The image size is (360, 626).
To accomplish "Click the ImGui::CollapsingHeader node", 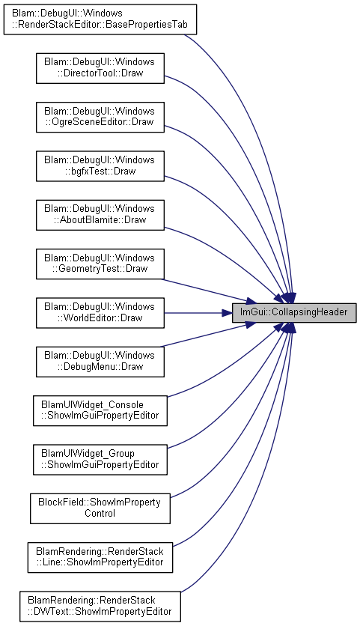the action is pos(294,312).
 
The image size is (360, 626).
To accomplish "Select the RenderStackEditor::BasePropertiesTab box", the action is pos(100,19).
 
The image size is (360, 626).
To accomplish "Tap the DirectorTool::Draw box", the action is pos(100,68).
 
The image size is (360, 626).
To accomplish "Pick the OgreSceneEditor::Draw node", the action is pos(100,117).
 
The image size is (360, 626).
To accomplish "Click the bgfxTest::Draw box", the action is pos(100,166).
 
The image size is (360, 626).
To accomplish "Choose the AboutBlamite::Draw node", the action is pos(100,215).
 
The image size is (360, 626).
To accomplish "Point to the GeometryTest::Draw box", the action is pos(100,264).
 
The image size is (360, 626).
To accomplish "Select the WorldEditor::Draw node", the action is pos(100,312).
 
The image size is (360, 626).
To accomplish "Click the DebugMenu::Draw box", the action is pos(100,362).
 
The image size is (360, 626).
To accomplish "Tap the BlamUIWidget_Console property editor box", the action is pos(100,410).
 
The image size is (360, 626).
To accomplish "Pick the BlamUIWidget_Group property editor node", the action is pos(100,460).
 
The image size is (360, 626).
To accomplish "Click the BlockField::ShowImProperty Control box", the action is pos(100,508).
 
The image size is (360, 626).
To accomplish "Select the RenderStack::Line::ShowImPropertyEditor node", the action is pos(100,557).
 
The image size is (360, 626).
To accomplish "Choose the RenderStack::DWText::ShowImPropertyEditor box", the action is pos(100,607).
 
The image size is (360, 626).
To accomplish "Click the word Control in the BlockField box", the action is pos(100,513).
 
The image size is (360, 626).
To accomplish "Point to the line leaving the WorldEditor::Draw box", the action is pos(194,313).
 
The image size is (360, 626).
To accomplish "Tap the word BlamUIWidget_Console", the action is pos(92,405).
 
